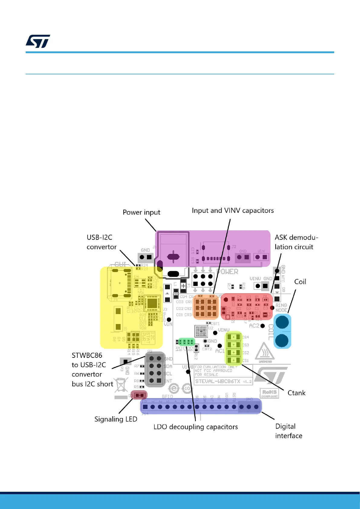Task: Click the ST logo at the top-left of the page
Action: (x=38, y=41)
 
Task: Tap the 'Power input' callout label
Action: (x=141, y=212)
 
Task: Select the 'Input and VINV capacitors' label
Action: (x=233, y=210)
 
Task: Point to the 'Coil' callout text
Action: (x=300, y=282)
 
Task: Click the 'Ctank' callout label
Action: (x=296, y=393)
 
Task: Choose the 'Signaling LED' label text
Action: (x=116, y=419)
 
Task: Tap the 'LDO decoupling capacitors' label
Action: (x=196, y=427)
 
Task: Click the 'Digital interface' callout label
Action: (x=288, y=431)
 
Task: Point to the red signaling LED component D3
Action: (x=139, y=395)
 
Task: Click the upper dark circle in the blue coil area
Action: (x=282, y=323)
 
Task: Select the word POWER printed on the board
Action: (x=228, y=272)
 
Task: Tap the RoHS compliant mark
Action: (x=269, y=393)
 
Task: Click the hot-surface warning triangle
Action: (x=265, y=351)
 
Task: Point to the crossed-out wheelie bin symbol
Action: (x=121, y=385)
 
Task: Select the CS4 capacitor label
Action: (x=245, y=337)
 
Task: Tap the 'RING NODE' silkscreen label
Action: (x=281, y=308)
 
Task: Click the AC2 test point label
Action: (x=254, y=326)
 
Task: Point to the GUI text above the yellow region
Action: (x=120, y=264)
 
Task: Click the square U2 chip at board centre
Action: (x=201, y=331)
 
